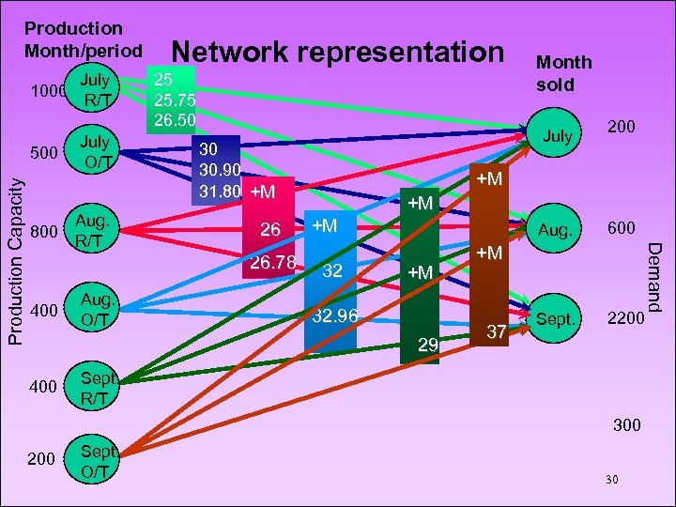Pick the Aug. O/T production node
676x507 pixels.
click(x=96, y=309)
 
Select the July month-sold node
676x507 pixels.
click(x=558, y=136)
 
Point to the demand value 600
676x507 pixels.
click(x=621, y=228)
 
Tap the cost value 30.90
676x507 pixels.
click(x=219, y=170)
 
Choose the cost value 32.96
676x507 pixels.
click(x=335, y=316)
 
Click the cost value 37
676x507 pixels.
click(x=498, y=330)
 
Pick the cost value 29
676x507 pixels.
click(x=428, y=346)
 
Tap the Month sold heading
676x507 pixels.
click(x=563, y=72)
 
